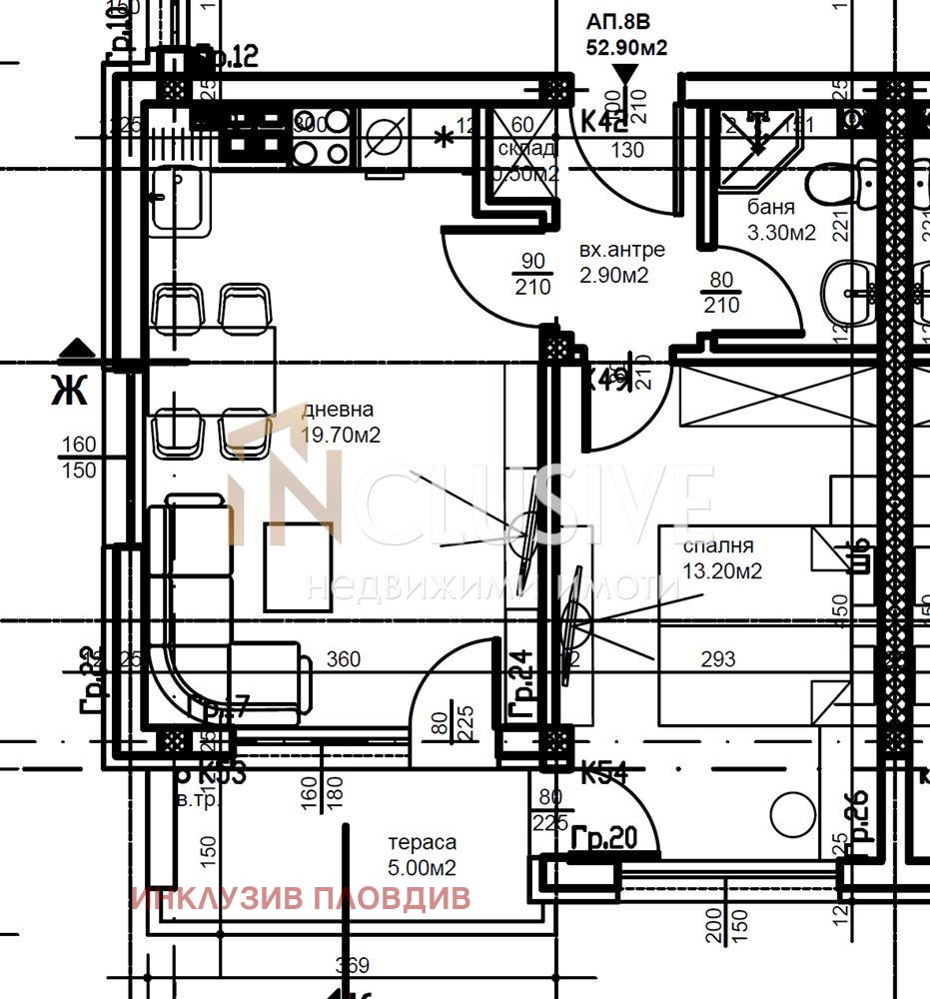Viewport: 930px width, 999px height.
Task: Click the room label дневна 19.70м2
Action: (x=340, y=423)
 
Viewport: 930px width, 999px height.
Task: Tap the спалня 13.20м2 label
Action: (x=722, y=559)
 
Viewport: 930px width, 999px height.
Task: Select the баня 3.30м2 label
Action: (x=781, y=221)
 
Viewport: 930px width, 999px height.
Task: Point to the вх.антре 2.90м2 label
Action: (x=621, y=262)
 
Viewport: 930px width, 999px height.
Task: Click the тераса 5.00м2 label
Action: (x=423, y=855)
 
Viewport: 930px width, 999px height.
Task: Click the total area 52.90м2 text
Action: (x=626, y=47)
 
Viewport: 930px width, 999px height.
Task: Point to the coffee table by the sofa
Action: (x=298, y=565)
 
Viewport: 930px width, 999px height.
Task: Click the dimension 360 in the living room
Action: (x=343, y=660)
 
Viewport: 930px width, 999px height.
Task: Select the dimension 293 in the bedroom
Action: (x=718, y=659)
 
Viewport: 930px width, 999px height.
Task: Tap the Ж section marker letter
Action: (x=70, y=390)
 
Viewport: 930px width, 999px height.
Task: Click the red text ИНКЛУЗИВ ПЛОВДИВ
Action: (x=300, y=898)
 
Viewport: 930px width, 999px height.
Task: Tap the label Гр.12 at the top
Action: (x=227, y=57)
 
